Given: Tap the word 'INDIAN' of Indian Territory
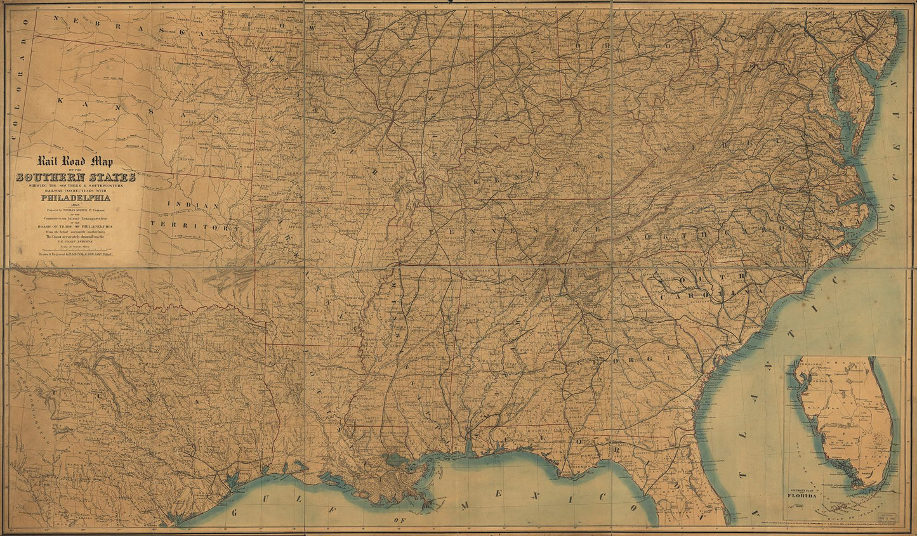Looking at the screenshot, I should click(x=194, y=205).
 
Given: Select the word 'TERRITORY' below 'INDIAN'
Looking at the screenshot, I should click(x=195, y=226).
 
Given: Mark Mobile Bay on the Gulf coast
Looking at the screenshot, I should click(x=469, y=447).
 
